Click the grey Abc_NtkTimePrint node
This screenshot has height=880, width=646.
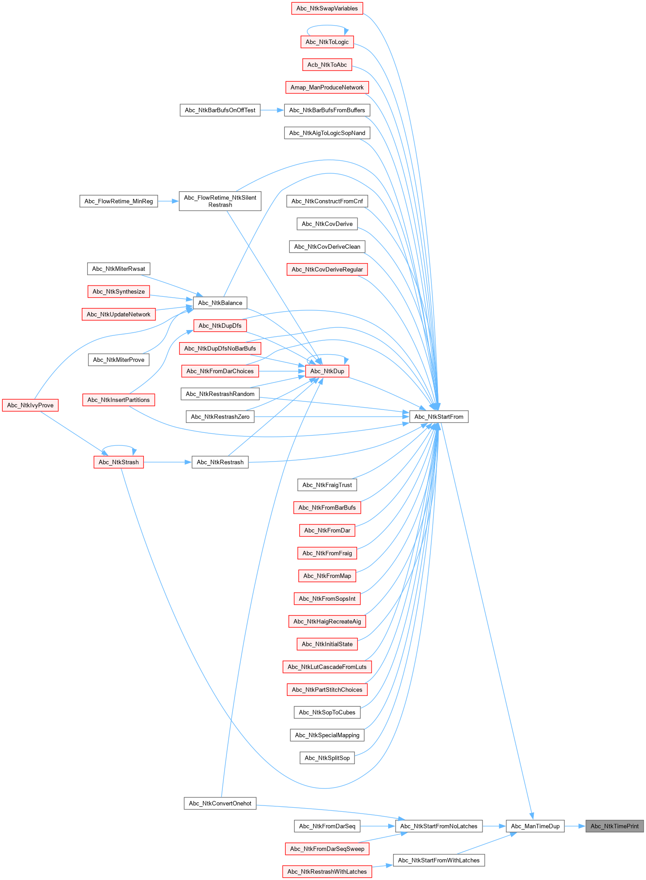pyautogui.click(x=614, y=826)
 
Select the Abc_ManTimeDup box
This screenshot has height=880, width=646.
pyautogui.click(x=535, y=826)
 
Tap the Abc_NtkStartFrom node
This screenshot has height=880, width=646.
pyautogui.click(x=438, y=417)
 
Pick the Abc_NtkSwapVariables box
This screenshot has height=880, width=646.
pyautogui.click(x=327, y=9)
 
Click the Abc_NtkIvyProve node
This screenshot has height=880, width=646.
pyautogui.click(x=30, y=405)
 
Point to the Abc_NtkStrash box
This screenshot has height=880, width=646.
pyautogui.click(x=119, y=462)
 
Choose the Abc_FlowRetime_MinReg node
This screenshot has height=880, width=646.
pyautogui.click(x=119, y=201)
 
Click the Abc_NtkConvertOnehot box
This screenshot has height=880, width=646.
pyautogui.click(x=220, y=803)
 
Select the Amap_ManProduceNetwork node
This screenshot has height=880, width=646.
pyautogui.click(x=327, y=87)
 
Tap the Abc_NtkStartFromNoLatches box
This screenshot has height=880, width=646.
pyautogui.click(x=438, y=826)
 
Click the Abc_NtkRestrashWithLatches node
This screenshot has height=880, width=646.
pyautogui.click(x=327, y=871)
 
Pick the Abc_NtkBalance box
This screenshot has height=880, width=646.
pyautogui.click(x=220, y=303)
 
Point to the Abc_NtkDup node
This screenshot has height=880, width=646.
pyautogui.click(x=327, y=371)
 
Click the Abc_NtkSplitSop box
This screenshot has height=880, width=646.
pyautogui.click(x=327, y=758)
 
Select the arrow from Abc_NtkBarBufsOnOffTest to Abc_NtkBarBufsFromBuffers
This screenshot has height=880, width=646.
pyautogui.click(x=272, y=110)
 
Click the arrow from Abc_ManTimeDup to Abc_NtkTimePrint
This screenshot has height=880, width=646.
pyautogui.click(x=575, y=826)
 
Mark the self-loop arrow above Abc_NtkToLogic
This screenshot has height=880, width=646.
pyautogui.click(x=327, y=26)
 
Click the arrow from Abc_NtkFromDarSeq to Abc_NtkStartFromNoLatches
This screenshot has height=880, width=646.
pyautogui.click(x=377, y=826)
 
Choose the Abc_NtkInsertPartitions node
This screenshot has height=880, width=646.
pyautogui.click(x=119, y=400)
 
